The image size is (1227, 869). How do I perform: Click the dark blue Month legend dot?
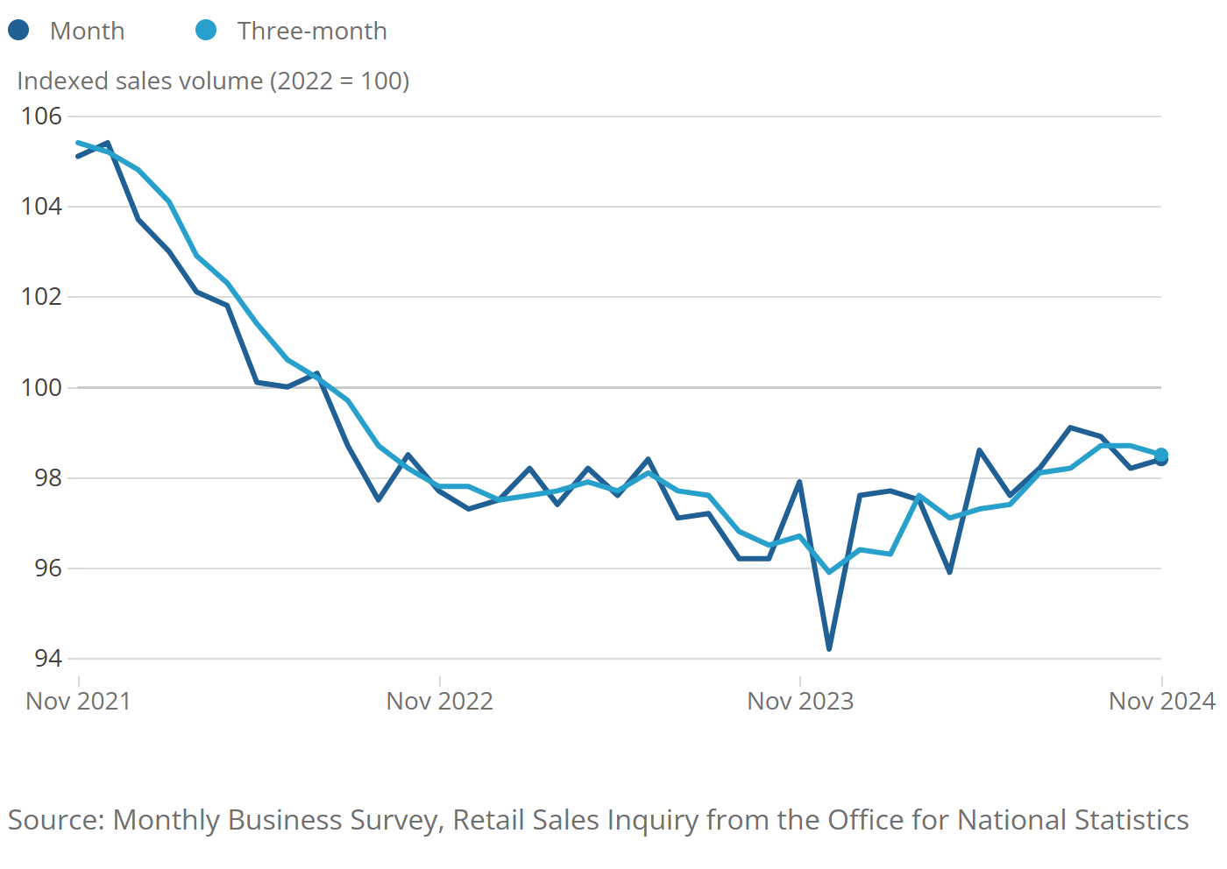coord(18,31)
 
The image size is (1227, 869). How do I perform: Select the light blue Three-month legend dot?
coord(206,31)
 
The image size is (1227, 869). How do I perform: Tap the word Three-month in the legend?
coord(312,31)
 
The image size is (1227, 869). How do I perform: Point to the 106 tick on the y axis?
coord(41,116)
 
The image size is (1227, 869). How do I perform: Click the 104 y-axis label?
coord(41,207)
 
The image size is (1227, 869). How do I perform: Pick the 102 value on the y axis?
coord(41,297)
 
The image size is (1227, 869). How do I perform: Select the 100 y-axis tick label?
coord(41,387)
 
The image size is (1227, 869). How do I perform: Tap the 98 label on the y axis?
coord(48,477)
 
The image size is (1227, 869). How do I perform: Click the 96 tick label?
coord(48,568)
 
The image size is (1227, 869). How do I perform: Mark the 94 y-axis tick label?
coord(48,658)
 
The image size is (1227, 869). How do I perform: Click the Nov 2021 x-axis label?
coord(78,701)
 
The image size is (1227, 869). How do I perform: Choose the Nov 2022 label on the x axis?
coord(439,701)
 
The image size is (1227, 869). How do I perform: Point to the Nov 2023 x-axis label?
coord(799,701)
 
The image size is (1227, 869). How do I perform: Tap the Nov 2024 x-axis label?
coord(1161,701)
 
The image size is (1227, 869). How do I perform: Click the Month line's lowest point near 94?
coord(829,649)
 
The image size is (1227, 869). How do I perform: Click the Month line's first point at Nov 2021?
coord(78,156)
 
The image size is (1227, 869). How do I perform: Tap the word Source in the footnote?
coord(56,820)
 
